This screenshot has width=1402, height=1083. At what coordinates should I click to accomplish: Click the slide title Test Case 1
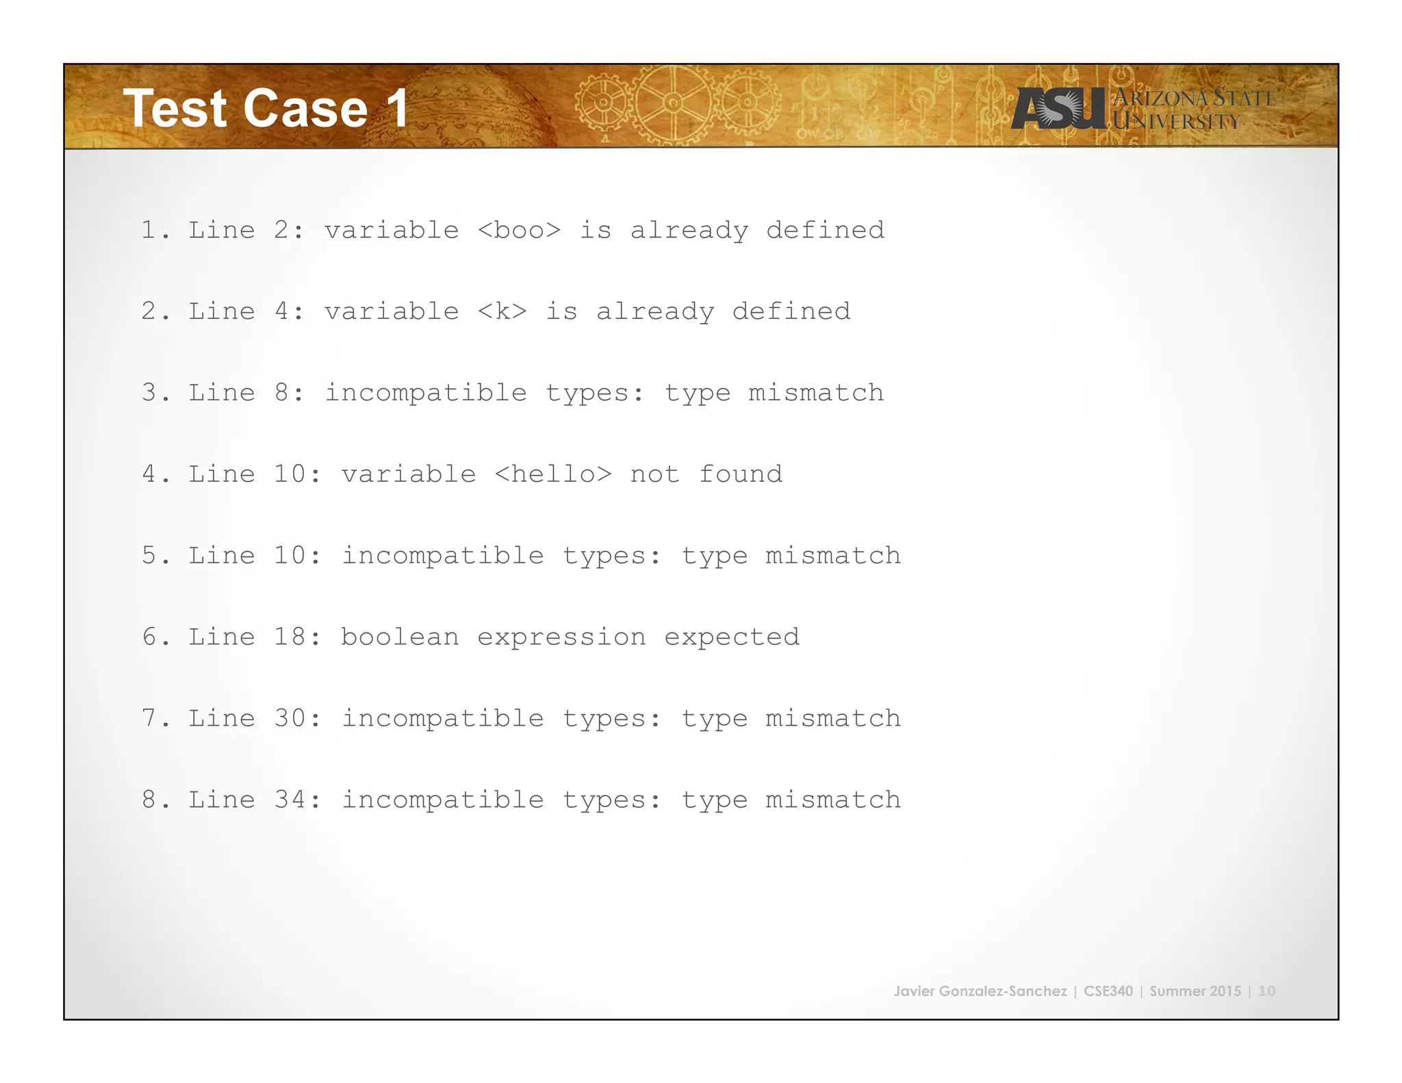(x=266, y=108)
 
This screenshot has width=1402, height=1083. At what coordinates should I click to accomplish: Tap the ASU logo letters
(x=1058, y=108)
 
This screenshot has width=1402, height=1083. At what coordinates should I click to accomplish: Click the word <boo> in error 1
(x=519, y=230)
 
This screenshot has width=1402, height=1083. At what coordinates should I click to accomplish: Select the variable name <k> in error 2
(x=502, y=311)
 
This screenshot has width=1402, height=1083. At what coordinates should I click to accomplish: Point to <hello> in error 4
(x=552, y=474)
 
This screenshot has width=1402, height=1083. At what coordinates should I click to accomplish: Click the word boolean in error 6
(x=400, y=637)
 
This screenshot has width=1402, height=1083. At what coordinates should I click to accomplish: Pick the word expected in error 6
(x=731, y=637)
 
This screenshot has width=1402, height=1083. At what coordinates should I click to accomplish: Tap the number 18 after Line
(x=290, y=637)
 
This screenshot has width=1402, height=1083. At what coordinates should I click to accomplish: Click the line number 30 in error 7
(x=290, y=718)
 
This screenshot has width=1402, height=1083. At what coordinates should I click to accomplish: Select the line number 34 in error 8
(x=290, y=800)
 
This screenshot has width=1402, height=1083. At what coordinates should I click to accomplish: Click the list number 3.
(x=149, y=393)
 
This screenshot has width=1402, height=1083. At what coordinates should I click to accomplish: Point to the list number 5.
(x=149, y=555)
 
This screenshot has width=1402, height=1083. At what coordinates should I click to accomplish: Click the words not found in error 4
(x=706, y=474)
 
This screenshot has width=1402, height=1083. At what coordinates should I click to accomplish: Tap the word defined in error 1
(x=825, y=230)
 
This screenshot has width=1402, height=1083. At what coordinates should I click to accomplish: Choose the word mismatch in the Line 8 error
(x=815, y=393)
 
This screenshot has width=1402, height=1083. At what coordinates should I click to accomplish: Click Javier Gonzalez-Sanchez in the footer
(x=980, y=991)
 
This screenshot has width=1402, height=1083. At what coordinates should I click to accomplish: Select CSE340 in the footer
(x=1108, y=991)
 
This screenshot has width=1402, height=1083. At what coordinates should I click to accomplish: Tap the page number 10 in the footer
(x=1266, y=991)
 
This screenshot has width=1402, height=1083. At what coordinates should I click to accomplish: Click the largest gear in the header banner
(x=673, y=103)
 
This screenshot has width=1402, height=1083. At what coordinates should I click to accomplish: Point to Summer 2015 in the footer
(x=1195, y=991)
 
